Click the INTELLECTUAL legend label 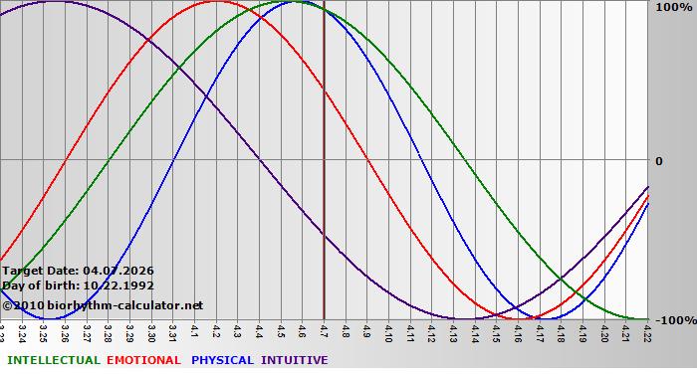pos(53,360)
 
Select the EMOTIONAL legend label pos(143,360)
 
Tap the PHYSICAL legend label pos(222,360)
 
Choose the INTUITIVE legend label pos(294,360)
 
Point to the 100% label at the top pos(668,8)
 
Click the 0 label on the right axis pos(658,161)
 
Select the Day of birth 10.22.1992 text pos(73,285)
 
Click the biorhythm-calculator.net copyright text pos(103,305)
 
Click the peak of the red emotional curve pos(218,1)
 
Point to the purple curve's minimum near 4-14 pos(464,318)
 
